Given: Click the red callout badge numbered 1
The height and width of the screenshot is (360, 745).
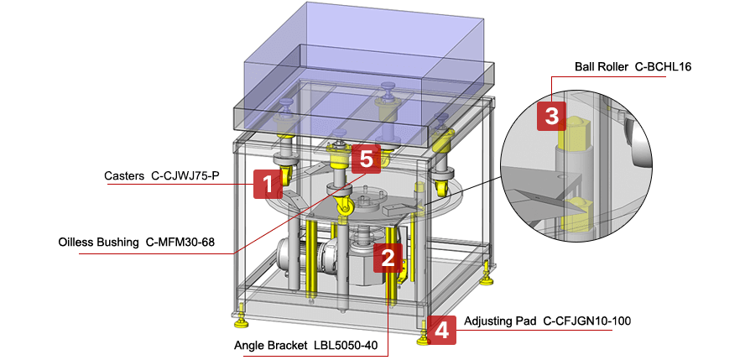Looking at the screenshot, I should (267, 184).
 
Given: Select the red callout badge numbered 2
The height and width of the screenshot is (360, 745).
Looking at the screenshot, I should (388, 258).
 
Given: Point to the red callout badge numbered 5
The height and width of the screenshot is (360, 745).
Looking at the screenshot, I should (365, 157).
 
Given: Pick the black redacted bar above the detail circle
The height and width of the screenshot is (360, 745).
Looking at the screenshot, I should (615, 65).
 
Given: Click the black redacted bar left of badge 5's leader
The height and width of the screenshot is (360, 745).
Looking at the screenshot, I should (150, 242).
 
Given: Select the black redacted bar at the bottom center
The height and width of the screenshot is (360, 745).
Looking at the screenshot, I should (308, 345).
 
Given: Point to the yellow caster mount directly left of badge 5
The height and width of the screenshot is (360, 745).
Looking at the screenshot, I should (337, 155).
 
